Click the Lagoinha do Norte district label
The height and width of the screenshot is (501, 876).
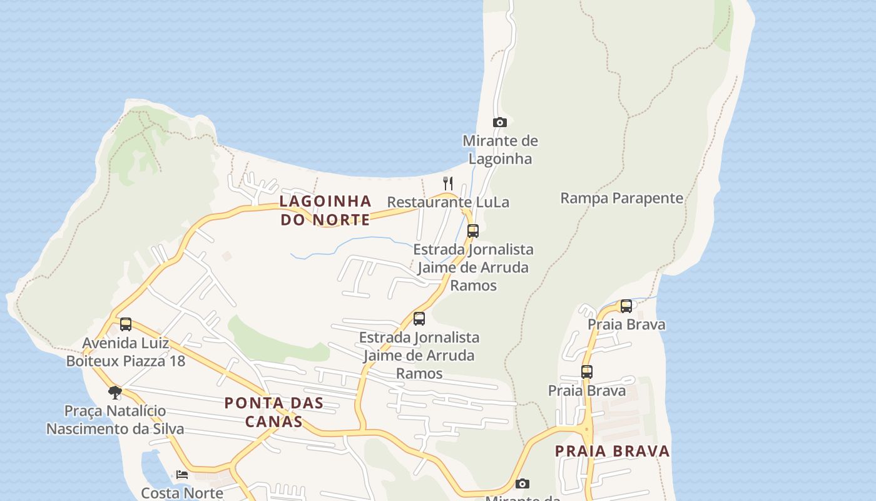325,210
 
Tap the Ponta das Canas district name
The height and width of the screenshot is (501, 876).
273,411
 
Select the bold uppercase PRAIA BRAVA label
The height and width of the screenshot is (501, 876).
612,451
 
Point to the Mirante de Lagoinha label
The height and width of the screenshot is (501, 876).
500,149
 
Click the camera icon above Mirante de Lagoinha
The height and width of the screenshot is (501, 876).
499,122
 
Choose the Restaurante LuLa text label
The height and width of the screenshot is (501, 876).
448,202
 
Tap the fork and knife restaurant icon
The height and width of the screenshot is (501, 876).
448,183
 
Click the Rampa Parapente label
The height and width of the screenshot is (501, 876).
621,198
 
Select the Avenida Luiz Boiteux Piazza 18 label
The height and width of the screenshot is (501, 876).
126,352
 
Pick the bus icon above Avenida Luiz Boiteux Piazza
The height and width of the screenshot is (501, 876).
126,324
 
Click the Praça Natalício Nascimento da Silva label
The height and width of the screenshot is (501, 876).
115,420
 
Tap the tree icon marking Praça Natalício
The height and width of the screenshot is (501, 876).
115,393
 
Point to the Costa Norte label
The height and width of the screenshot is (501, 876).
182,493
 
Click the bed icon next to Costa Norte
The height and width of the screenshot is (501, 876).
182,474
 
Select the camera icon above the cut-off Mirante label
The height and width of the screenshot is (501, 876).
522,483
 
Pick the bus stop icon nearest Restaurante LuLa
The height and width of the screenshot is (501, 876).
473,230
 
